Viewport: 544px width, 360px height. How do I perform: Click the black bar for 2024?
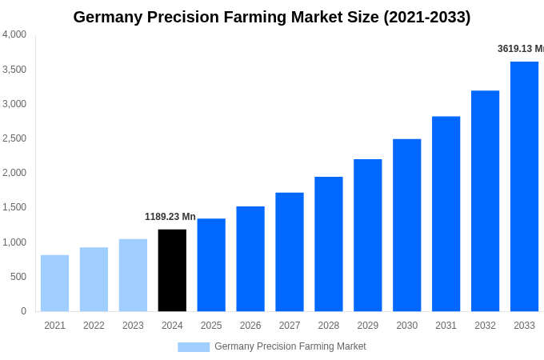pos(172,270)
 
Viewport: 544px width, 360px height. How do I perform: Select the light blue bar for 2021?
pos(54,283)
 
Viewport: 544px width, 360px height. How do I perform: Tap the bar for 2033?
pos(524,186)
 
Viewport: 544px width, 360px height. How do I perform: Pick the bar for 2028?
pos(328,244)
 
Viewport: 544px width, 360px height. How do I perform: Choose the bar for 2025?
pos(211,265)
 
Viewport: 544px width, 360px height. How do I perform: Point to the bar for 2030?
pos(406,225)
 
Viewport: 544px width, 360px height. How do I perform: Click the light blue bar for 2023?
pos(133,275)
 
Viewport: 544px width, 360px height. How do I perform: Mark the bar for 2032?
pos(485,201)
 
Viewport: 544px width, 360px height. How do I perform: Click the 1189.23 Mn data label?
pos(170,217)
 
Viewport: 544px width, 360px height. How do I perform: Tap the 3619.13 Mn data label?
pos(520,49)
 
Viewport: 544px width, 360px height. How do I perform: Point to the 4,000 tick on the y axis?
pos(14,34)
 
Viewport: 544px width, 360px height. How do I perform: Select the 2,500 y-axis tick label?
pos(14,138)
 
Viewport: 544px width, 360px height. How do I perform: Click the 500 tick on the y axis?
pos(18,277)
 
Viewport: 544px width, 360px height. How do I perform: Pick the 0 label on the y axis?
pos(23,311)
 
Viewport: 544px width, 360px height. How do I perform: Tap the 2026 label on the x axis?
pos(250,326)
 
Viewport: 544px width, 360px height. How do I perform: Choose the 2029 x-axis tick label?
pos(368,326)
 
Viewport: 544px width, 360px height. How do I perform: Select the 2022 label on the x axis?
pos(94,326)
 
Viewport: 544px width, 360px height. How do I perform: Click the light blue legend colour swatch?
pos(194,347)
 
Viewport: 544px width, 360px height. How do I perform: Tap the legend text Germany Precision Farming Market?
pos(290,346)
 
